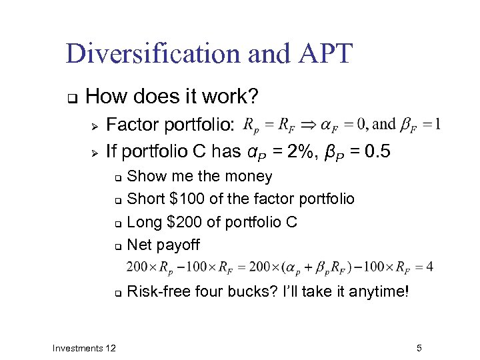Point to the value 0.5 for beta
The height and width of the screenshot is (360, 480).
pyautogui.click(x=377, y=152)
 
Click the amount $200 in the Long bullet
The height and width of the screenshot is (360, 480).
pyautogui.click(x=186, y=221)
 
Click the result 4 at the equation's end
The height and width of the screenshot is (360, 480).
pyautogui.click(x=429, y=267)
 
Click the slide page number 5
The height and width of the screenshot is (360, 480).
pyautogui.click(x=419, y=348)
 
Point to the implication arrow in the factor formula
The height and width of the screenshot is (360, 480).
pyautogui.click(x=309, y=125)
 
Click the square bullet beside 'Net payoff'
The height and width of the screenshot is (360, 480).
pyautogui.click(x=117, y=245)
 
